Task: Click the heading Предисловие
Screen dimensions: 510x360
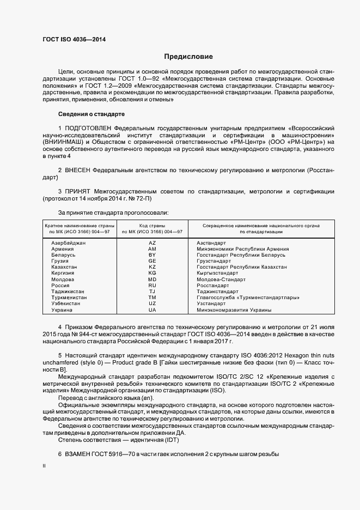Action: pyautogui.click(x=188, y=57)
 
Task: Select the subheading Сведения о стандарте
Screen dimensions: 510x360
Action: pyautogui.click(x=91, y=114)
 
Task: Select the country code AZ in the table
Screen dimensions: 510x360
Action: pyautogui.click(x=152, y=242)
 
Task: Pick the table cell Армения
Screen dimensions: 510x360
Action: pyautogui.click(x=63, y=248)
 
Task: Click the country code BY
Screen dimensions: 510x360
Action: pyautogui.click(x=152, y=254)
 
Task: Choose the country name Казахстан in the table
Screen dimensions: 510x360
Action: pyautogui.click(x=64, y=267)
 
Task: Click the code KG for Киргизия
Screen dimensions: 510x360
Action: pyautogui.click(x=152, y=273)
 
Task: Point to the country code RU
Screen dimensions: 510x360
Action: pyautogui.click(x=152, y=285)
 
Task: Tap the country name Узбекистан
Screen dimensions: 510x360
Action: pyautogui.click(x=65, y=303)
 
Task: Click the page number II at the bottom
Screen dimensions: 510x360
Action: pyautogui.click(x=44, y=465)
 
